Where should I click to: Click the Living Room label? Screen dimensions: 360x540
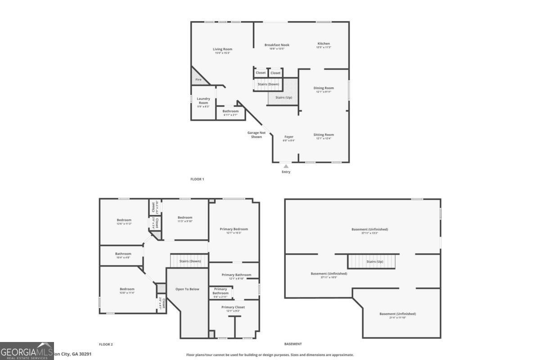coord(222,49)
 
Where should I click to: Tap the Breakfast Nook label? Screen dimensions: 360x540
coord(277,45)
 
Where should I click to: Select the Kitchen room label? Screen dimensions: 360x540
coord(324,44)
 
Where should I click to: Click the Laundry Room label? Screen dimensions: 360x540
coord(203,101)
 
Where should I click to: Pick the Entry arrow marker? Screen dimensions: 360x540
coord(286,166)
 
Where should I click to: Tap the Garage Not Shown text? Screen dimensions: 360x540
coord(256,135)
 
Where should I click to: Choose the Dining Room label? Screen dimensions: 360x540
coord(324,88)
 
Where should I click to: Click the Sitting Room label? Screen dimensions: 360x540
coord(324,135)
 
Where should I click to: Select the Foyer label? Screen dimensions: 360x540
coord(288,137)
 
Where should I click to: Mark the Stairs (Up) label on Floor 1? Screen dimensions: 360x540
coord(283,97)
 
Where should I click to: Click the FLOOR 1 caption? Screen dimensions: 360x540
coord(197,179)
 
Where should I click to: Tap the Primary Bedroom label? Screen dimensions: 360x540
coord(234,229)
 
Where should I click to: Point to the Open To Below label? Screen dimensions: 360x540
coord(187,289)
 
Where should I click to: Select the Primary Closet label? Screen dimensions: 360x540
coord(234,307)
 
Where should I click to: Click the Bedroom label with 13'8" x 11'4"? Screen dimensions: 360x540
coord(127,289)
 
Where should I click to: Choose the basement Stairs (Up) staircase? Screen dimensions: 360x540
coord(371,261)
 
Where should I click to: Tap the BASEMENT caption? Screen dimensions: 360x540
coord(293,344)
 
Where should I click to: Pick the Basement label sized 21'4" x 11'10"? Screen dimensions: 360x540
coord(397,314)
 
